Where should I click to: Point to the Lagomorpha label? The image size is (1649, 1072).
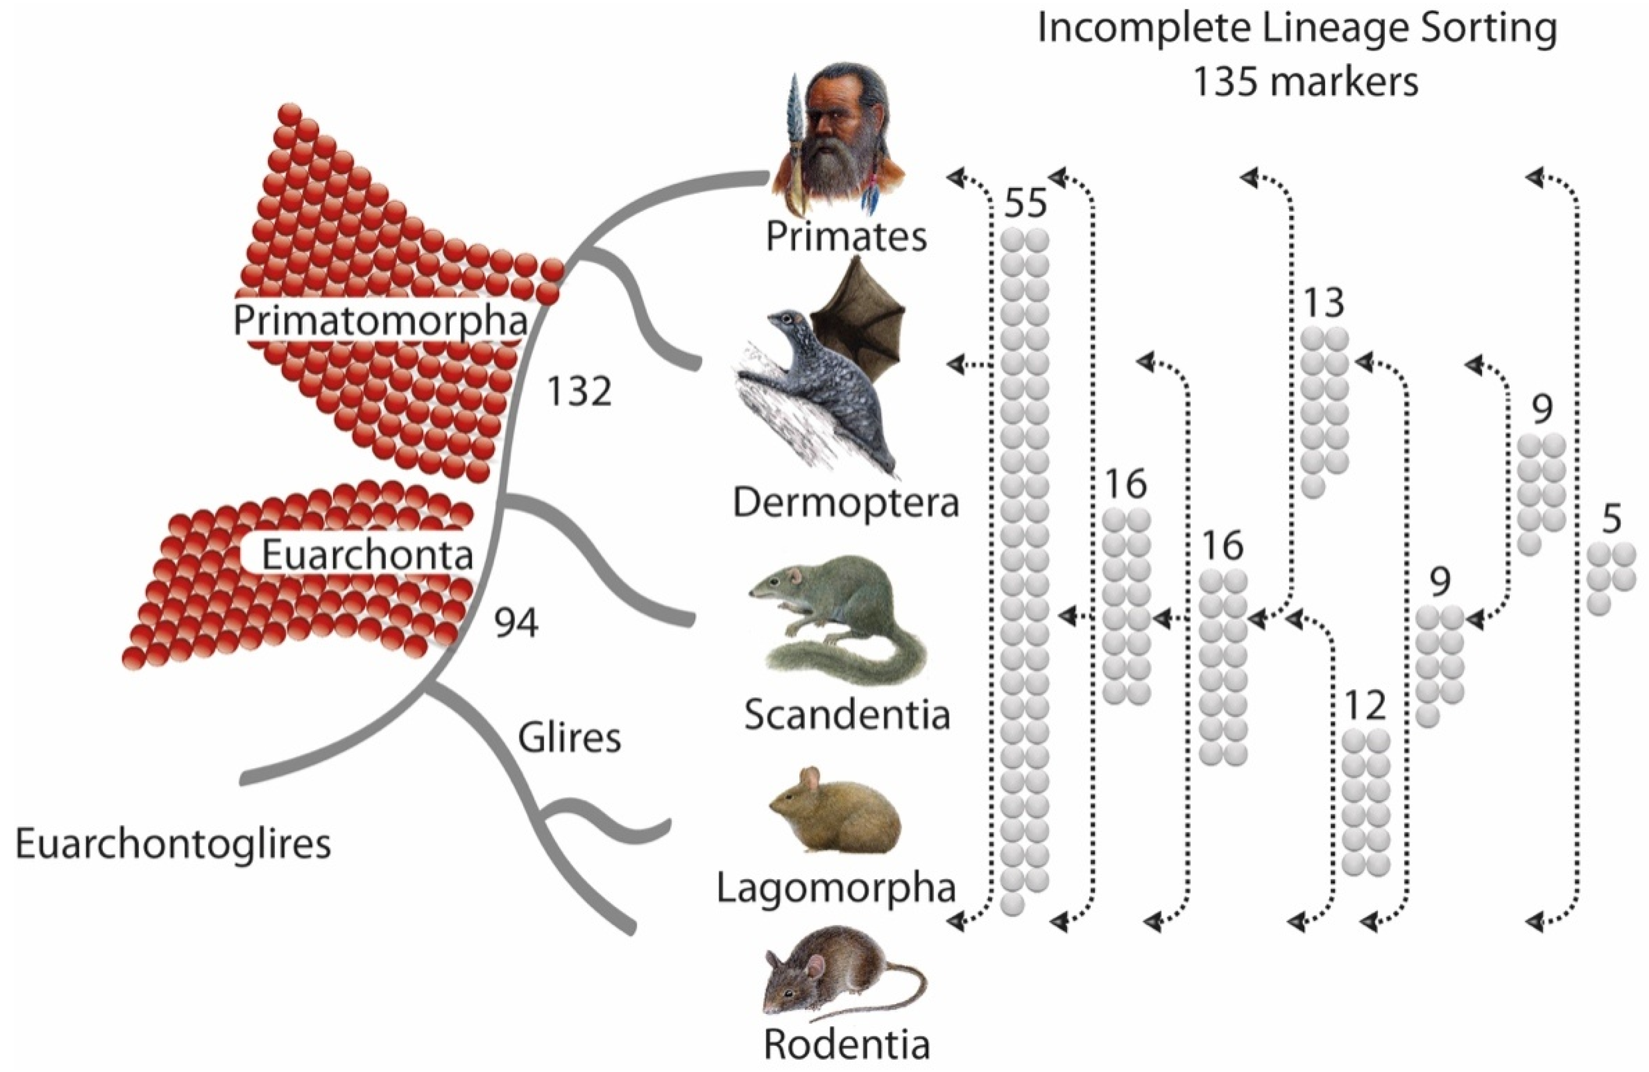(x=836, y=889)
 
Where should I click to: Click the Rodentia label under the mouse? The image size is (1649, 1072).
(x=847, y=1044)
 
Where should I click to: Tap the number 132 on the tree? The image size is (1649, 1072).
(x=579, y=392)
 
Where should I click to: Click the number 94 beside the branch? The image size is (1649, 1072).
(x=516, y=624)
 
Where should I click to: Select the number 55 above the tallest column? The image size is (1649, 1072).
(x=1025, y=205)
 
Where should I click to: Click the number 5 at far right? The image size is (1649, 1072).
(x=1611, y=519)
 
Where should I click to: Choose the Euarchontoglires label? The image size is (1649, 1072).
(x=173, y=845)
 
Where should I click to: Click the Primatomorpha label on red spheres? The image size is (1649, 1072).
(x=380, y=321)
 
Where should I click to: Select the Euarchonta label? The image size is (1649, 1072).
(x=367, y=555)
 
